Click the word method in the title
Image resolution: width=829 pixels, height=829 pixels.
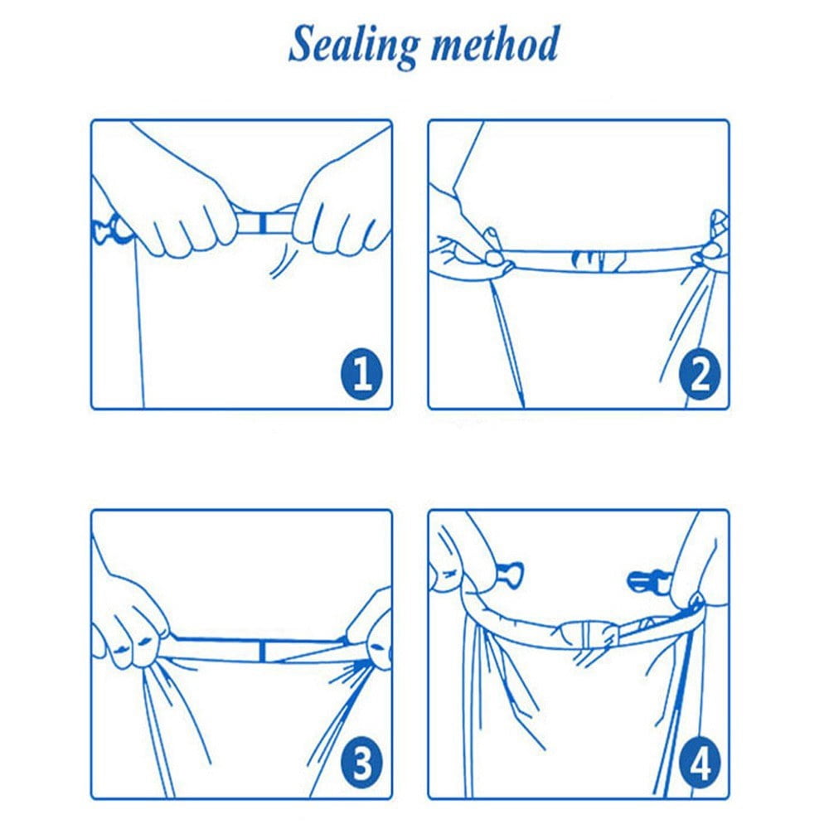tap(495, 45)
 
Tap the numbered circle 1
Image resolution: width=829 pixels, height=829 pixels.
tap(361, 374)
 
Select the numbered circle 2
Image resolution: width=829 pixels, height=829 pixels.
tap(700, 374)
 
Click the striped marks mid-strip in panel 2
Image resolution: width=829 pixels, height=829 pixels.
tap(598, 259)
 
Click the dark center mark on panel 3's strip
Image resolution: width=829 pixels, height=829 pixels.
tap(262, 650)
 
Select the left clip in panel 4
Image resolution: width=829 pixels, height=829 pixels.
tap(509, 574)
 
